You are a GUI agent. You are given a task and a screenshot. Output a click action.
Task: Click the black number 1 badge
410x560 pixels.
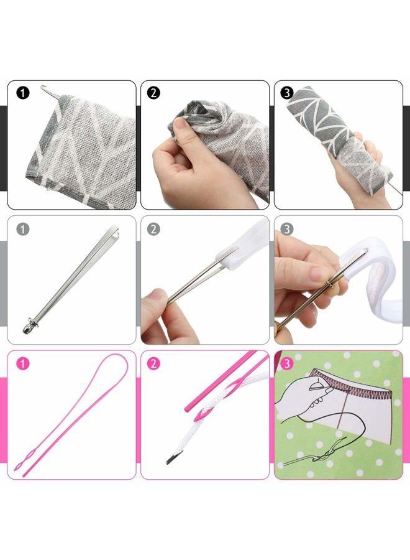(24, 93)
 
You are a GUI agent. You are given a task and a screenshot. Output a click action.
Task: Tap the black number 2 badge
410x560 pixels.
(154, 93)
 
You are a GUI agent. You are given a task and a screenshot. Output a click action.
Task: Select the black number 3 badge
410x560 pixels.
(287, 93)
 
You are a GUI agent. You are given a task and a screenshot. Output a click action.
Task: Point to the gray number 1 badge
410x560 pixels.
(23, 229)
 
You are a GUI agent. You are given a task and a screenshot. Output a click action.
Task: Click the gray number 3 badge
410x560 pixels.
(287, 229)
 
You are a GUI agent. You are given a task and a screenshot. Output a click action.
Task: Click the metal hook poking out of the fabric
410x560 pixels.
(45, 91)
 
